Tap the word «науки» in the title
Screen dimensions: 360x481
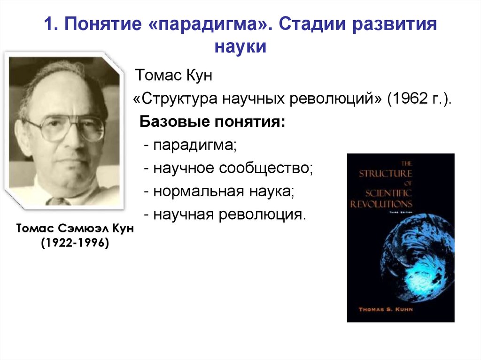(x=240, y=47)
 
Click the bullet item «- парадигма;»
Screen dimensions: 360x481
(x=191, y=146)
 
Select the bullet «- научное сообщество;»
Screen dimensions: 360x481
(x=228, y=169)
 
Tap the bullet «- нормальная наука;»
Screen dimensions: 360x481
(x=219, y=191)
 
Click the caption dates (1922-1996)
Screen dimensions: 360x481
(x=75, y=243)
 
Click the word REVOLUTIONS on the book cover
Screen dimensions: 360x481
(x=381, y=204)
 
